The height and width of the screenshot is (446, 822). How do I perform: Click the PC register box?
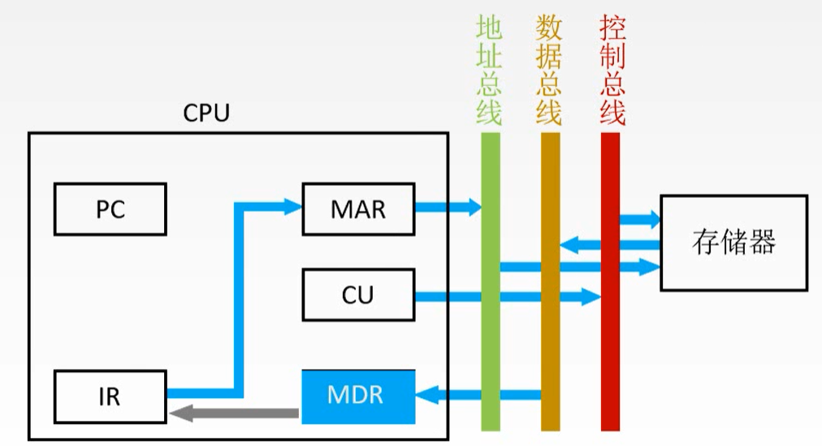click(x=110, y=209)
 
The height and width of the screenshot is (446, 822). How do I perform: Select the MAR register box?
click(x=358, y=209)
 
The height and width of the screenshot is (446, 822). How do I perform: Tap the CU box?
click(x=358, y=295)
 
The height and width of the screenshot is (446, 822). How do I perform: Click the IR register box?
click(x=110, y=397)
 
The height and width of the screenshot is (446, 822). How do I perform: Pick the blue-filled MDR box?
click(x=358, y=397)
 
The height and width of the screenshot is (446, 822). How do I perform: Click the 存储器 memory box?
click(x=733, y=242)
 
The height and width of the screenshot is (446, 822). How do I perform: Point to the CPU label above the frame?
click(x=206, y=113)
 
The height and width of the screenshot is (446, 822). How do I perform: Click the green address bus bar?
click(x=491, y=324)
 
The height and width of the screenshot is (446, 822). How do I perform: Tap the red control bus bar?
click(x=610, y=341)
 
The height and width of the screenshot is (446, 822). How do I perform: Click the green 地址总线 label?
click(x=490, y=71)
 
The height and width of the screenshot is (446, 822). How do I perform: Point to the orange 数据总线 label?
click(x=550, y=71)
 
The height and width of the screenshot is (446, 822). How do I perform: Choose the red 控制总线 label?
click(x=612, y=71)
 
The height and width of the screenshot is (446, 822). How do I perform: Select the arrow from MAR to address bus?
click(x=448, y=208)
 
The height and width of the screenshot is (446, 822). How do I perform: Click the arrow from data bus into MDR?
click(x=478, y=396)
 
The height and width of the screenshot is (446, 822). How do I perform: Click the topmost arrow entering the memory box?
click(x=642, y=219)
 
